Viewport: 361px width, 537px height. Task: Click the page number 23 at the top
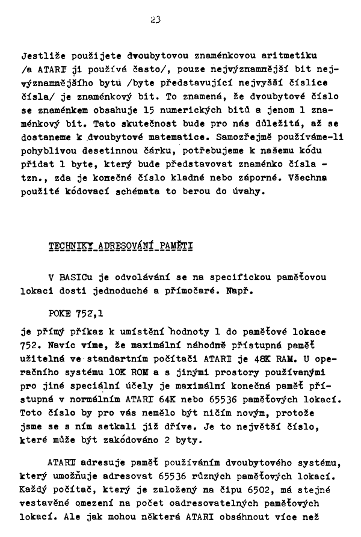156,19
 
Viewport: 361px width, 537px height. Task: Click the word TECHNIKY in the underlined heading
66,247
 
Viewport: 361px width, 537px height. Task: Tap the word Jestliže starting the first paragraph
42,56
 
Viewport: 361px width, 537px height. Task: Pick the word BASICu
75,278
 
